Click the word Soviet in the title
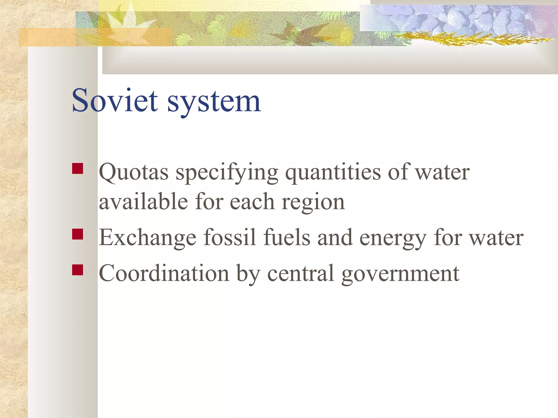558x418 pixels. pyautogui.click(x=115, y=101)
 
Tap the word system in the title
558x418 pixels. pyautogui.click(x=214, y=102)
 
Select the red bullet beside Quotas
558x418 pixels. pyautogui.click(x=78, y=168)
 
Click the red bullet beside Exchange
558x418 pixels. pyautogui.click(x=78, y=234)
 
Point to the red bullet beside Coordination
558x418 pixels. pyautogui.click(x=78, y=270)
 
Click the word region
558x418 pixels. pyautogui.click(x=313, y=203)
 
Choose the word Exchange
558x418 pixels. pyautogui.click(x=147, y=238)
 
